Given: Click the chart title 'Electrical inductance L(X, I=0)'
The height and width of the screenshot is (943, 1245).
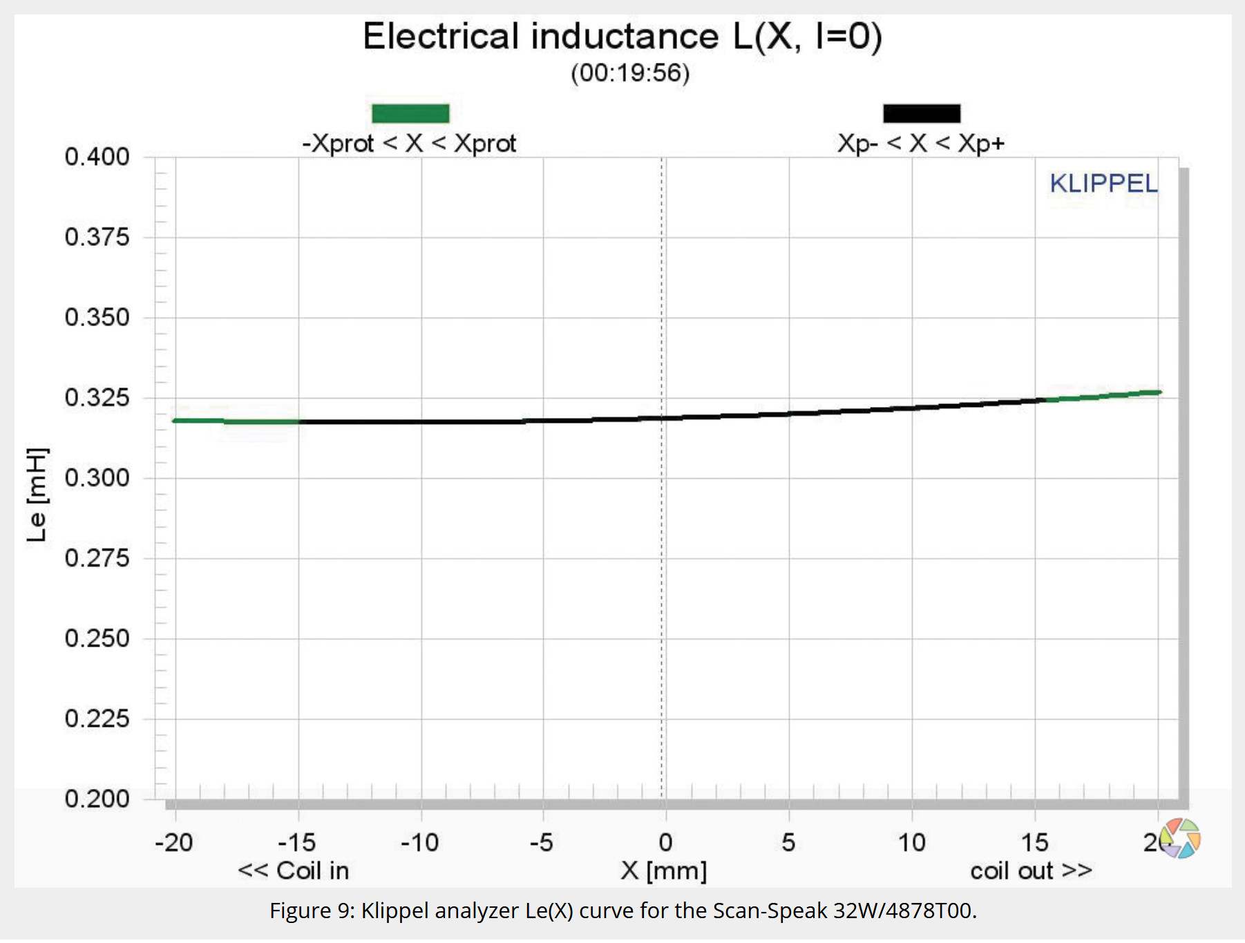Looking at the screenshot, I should (x=622, y=36).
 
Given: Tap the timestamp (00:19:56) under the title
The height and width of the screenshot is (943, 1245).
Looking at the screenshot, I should (x=630, y=73).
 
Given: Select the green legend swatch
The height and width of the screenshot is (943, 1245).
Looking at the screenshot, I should (x=410, y=113).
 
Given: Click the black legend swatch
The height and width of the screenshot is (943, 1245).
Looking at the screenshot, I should (x=921, y=113).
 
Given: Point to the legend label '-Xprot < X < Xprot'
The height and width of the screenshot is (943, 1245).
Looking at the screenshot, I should (x=409, y=144).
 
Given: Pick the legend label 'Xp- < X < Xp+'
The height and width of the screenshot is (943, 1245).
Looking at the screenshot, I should (x=920, y=144).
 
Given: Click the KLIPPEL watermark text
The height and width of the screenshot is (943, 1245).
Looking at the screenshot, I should (x=1103, y=184).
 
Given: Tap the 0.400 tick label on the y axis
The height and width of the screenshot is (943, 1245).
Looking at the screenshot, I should (x=97, y=157).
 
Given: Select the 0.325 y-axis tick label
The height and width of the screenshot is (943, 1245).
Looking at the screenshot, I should (x=97, y=398).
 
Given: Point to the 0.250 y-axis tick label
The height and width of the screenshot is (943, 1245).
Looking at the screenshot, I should (x=97, y=638).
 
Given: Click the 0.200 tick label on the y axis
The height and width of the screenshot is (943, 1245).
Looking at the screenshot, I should (x=97, y=799).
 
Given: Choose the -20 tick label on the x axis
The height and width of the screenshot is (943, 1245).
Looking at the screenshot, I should (x=174, y=843).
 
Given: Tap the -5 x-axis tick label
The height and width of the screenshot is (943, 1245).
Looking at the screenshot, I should (x=542, y=843).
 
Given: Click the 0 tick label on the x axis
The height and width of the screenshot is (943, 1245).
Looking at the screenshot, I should (x=665, y=843).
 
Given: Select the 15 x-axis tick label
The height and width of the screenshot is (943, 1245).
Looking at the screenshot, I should (x=1034, y=843).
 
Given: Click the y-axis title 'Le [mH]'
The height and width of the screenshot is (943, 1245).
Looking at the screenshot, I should (x=37, y=495).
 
